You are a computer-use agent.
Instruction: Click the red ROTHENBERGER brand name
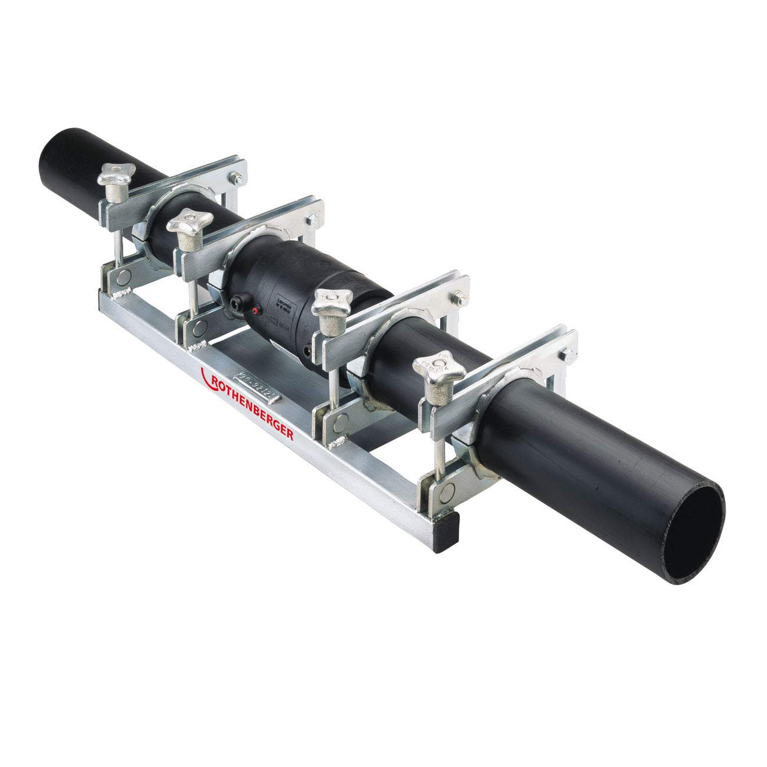coord(254,404)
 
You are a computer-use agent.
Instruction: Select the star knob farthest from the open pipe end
coord(116,174)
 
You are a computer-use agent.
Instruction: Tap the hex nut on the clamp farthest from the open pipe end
coord(236,175)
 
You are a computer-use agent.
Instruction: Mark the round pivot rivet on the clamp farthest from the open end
coord(121,275)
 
